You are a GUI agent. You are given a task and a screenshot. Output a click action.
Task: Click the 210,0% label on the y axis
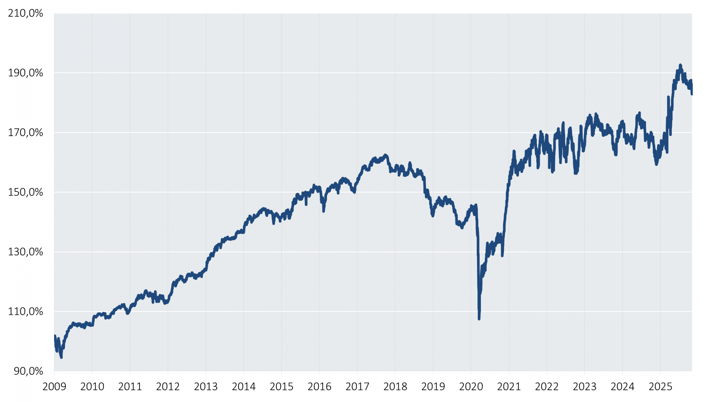(x=25, y=13)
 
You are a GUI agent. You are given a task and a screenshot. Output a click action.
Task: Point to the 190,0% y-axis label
(x=25, y=73)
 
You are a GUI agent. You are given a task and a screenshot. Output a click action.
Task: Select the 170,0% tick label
(x=25, y=132)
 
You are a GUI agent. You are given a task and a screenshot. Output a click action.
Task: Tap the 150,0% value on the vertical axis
(x=25, y=192)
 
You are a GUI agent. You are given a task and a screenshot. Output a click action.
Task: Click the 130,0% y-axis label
(x=25, y=252)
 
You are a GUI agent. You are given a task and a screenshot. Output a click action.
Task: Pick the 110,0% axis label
(x=25, y=311)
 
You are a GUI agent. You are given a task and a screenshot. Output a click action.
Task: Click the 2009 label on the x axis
(x=54, y=387)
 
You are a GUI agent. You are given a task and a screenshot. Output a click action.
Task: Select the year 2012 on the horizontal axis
(x=168, y=387)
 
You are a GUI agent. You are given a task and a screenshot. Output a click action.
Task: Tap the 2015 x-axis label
(x=281, y=387)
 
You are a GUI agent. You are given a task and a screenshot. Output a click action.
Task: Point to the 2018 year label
(x=395, y=387)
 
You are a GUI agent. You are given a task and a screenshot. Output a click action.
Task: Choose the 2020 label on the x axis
(x=471, y=387)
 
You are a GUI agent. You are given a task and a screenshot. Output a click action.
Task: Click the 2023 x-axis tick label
(x=584, y=387)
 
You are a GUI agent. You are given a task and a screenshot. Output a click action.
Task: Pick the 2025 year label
(x=660, y=387)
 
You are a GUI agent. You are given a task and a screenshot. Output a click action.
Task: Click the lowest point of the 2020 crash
(x=479, y=319)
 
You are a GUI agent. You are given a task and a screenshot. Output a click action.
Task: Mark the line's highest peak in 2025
(x=680, y=65)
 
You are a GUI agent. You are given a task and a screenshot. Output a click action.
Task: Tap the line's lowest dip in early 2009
(x=61, y=357)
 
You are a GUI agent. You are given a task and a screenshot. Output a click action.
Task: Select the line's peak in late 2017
(x=385, y=155)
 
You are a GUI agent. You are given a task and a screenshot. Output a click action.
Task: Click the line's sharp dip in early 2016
(x=324, y=211)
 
